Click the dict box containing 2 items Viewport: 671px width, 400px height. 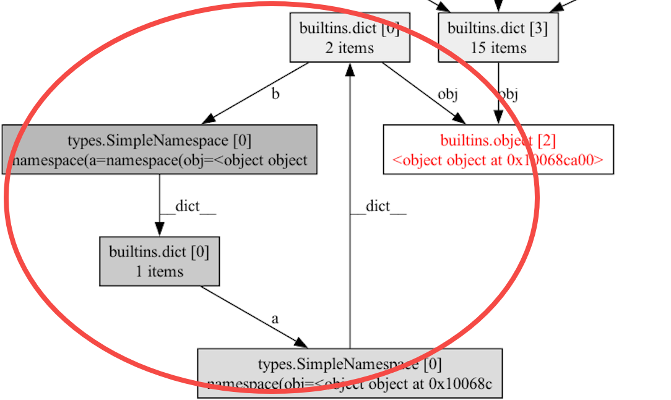[350, 38]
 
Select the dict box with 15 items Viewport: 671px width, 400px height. [498, 38]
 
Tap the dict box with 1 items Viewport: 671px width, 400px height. [160, 261]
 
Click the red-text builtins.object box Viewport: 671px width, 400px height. [498, 149]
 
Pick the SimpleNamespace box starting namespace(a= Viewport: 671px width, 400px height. [160, 149]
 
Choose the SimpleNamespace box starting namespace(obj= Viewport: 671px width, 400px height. [350, 373]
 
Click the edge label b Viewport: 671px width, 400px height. [275, 95]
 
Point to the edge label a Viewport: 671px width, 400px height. [275, 319]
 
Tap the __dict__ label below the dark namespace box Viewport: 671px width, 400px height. [188, 206]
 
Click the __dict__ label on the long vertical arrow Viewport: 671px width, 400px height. [378, 206]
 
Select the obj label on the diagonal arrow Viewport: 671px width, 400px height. [448, 94]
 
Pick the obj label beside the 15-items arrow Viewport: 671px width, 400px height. [508, 94]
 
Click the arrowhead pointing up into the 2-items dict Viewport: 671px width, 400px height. [350, 69]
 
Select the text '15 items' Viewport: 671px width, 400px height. [498, 48]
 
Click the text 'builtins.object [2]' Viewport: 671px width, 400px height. [498, 140]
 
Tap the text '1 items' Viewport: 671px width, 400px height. [160, 271]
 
